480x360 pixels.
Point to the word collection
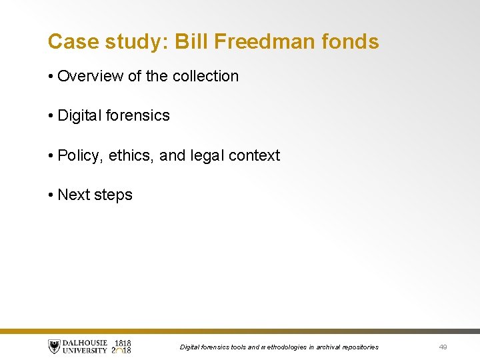(205, 76)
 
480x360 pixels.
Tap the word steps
(113, 195)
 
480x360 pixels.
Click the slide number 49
(443, 347)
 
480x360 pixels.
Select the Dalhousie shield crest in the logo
(54, 347)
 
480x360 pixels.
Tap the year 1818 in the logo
(123, 343)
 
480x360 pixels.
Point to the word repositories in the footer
(359, 347)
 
